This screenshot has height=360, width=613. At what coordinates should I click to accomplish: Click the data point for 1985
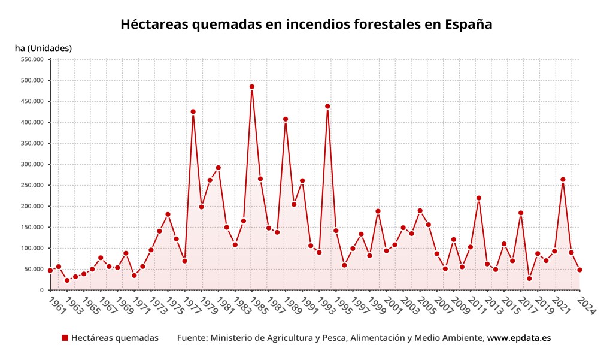(x=252, y=87)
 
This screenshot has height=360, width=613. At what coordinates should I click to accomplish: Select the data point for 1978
(x=193, y=111)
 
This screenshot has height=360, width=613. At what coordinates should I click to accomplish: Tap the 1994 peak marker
(x=327, y=107)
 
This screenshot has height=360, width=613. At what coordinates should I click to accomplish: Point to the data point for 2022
(x=563, y=179)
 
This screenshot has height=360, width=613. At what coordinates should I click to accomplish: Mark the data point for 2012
(x=479, y=198)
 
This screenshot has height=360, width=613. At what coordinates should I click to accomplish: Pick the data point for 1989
(x=286, y=119)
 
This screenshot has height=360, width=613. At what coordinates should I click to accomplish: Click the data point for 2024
(x=579, y=270)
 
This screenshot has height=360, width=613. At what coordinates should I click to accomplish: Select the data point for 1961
(x=50, y=270)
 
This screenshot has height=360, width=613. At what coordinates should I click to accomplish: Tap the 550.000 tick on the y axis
(x=32, y=59)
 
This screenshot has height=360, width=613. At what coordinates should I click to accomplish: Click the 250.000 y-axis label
(x=32, y=185)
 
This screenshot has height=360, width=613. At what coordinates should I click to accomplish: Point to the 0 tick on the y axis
(x=42, y=290)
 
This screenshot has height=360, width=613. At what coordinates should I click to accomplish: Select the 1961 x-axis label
(x=57, y=306)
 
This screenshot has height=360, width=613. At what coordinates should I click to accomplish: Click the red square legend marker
(x=65, y=338)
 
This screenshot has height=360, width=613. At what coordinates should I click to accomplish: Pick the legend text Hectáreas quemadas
(x=115, y=338)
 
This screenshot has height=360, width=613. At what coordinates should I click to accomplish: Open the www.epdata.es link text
(x=518, y=338)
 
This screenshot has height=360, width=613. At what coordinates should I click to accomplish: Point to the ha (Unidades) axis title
(x=43, y=48)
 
